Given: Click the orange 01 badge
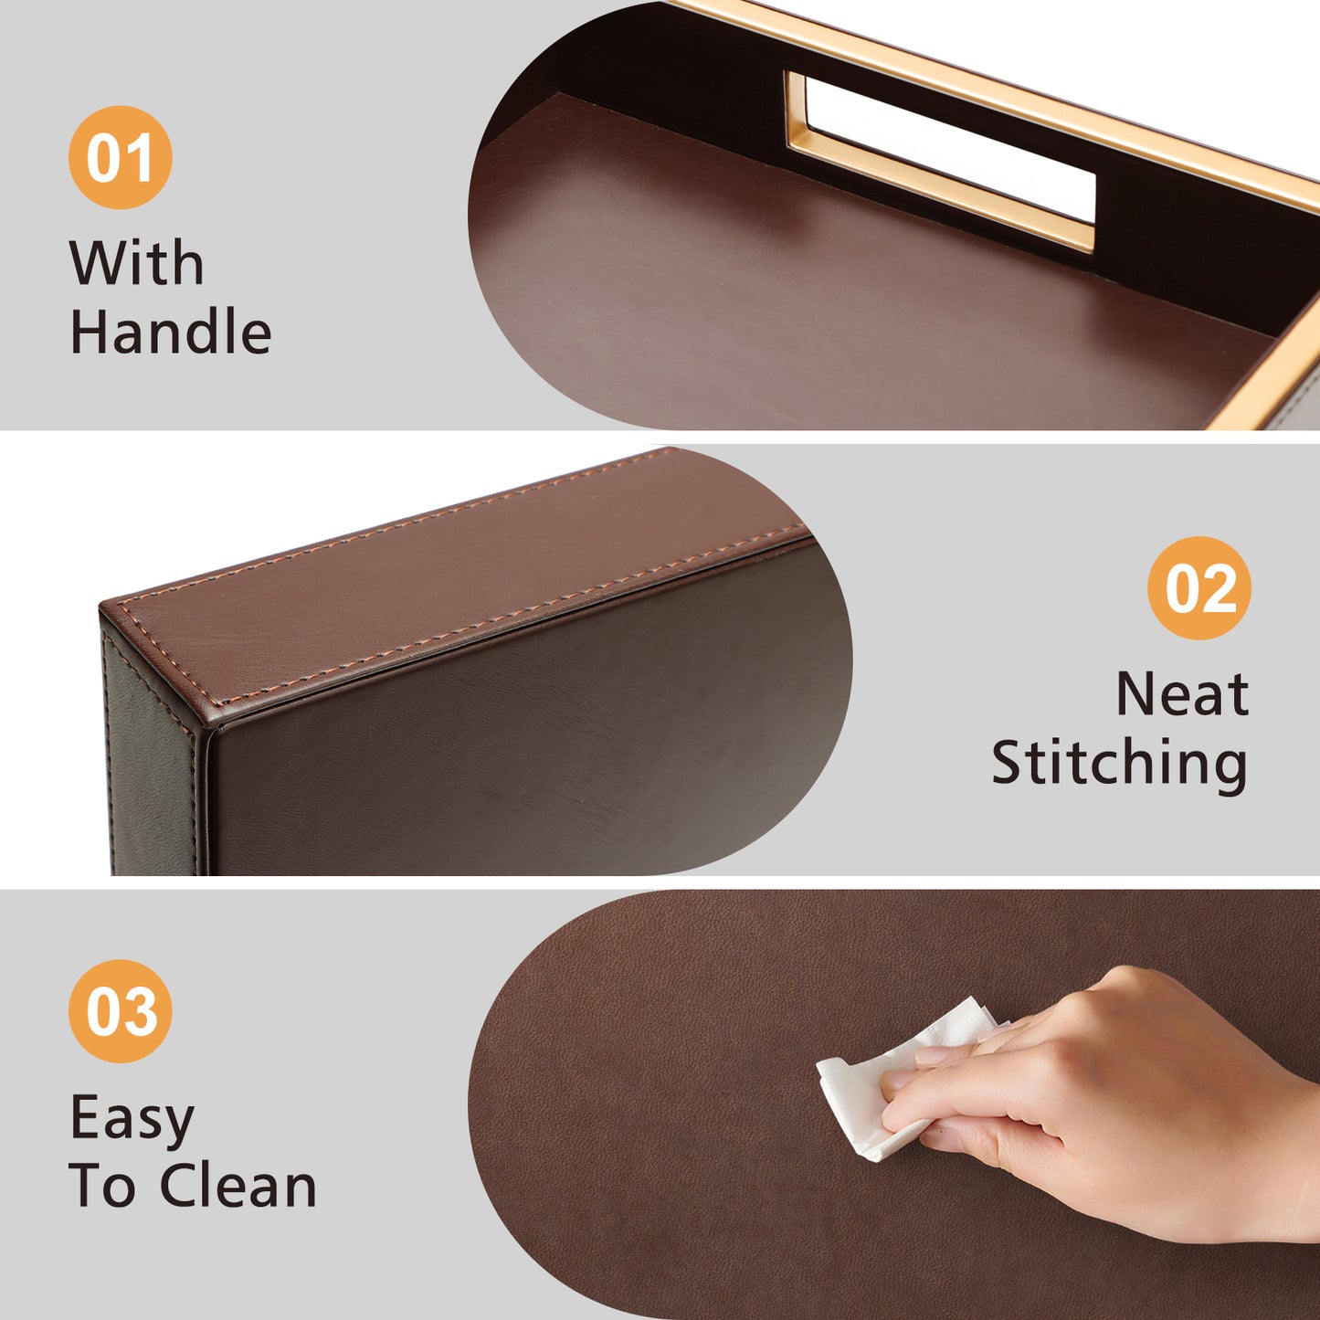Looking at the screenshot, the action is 120,157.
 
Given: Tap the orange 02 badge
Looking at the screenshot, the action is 1199,587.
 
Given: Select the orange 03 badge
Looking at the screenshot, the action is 120,1011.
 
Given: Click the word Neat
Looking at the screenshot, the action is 1182,694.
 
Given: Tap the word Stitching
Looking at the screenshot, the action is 1119,765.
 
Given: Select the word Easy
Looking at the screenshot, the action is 132,1121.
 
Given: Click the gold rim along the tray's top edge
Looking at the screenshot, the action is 993,96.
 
